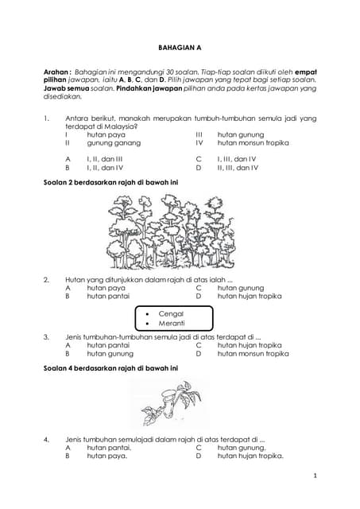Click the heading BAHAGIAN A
[x=180, y=48]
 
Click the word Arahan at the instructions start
[x=56, y=72]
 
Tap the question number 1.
[x=45, y=119]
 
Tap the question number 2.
[x=46, y=279]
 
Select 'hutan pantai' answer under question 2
[x=108, y=296]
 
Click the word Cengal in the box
[x=172, y=314]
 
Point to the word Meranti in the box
[x=172, y=324]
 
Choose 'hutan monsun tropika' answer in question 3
[x=253, y=353]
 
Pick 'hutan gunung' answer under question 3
[x=110, y=353]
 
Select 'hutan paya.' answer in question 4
[x=107, y=456]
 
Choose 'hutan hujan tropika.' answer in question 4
[x=250, y=456]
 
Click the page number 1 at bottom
[x=315, y=476]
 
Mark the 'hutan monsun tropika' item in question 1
[x=253, y=143]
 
